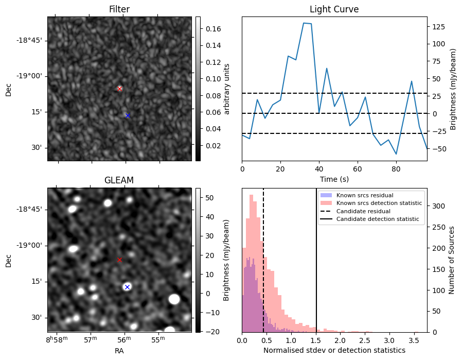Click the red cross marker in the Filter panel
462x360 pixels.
coord(119,89)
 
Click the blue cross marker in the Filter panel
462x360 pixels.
coord(128,115)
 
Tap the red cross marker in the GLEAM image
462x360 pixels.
coord(119,260)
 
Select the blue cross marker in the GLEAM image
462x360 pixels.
coord(127,287)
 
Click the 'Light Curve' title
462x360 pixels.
coord(334,10)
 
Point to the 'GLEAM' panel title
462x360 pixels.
coord(119,180)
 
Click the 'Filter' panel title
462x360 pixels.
coord(119,10)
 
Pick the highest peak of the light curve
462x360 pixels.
coord(304,23)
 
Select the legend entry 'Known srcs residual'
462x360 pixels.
coord(364,196)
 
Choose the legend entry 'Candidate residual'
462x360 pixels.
coord(363,212)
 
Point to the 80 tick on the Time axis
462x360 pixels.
coord(396,168)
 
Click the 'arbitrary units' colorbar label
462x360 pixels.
coord(227,89)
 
